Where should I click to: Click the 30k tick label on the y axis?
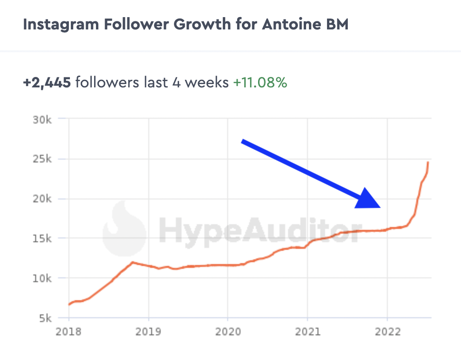pos(42,119)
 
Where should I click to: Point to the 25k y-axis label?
pos(42,159)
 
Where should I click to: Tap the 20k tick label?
pos(42,199)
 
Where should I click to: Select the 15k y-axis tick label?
pos(42,238)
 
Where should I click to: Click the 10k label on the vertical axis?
pos(42,278)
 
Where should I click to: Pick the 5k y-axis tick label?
pos(45,318)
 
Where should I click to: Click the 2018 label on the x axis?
pos(68,332)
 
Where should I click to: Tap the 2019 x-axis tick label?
pos(148,332)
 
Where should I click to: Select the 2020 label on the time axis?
pos(228,332)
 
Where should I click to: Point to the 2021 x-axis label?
pos(307,332)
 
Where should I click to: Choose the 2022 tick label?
pos(387,332)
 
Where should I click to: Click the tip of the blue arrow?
pos(380,207)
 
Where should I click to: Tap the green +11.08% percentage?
pos(260,83)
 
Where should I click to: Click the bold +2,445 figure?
pos(47,83)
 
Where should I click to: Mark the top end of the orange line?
pos(428,162)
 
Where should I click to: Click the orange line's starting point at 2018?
pos(69,304)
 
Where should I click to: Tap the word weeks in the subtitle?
pos(206,83)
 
